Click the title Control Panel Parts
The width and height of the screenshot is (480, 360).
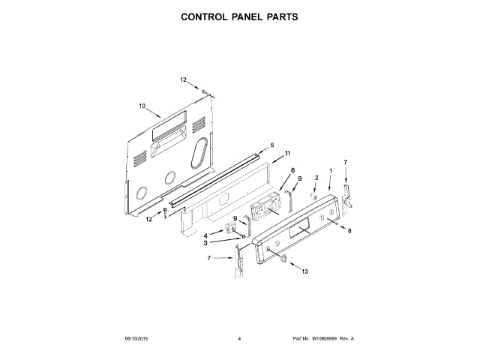pyautogui.click(x=239, y=16)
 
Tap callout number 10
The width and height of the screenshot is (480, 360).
pyautogui.click(x=142, y=106)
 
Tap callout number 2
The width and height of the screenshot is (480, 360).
pyautogui.click(x=316, y=177)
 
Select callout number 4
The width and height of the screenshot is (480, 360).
pyautogui.click(x=206, y=235)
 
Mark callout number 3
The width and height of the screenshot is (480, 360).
pyautogui.click(x=206, y=243)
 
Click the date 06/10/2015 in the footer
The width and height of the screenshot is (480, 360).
pyautogui.click(x=136, y=339)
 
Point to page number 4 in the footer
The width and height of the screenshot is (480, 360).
pyautogui.click(x=239, y=339)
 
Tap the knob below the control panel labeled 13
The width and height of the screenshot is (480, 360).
pyautogui.click(x=284, y=259)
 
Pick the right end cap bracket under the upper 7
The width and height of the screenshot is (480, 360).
pyautogui.click(x=348, y=194)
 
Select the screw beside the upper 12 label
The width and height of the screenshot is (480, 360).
pyautogui.click(x=203, y=91)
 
